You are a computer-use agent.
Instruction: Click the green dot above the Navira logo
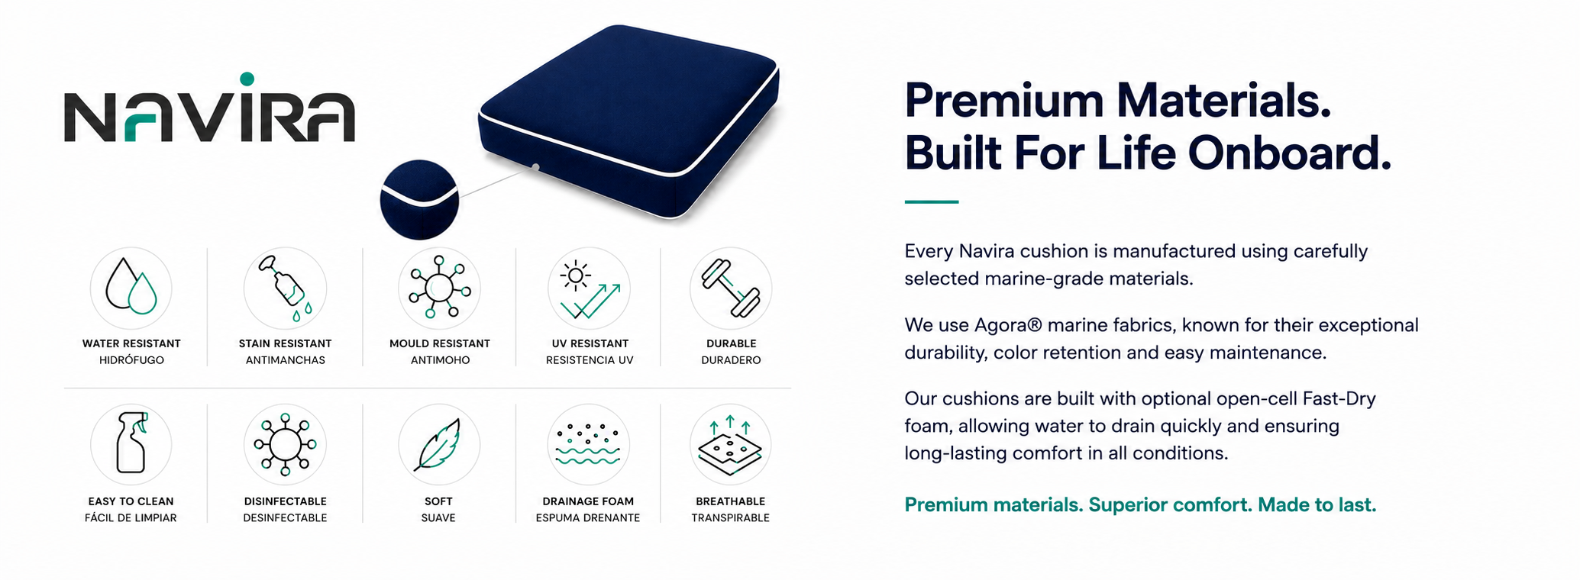(247, 79)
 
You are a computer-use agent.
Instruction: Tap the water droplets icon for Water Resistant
(131, 286)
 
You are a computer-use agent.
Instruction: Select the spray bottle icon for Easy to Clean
(131, 443)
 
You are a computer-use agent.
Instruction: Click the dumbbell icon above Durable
(731, 288)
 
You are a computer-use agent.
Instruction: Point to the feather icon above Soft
(438, 445)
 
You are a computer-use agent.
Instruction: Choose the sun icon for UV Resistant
(575, 275)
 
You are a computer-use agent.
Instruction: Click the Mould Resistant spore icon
(439, 287)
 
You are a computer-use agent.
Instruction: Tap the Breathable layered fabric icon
(730, 446)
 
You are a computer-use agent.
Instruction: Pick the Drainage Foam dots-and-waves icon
(588, 445)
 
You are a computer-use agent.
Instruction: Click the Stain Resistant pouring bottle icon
(285, 288)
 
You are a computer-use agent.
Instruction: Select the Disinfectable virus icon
(285, 444)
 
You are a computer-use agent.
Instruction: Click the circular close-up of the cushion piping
(419, 199)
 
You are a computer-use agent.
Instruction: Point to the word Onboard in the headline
(1289, 153)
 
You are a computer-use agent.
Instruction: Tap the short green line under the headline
(931, 202)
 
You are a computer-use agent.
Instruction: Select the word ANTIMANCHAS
(285, 360)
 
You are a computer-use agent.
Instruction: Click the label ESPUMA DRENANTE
(588, 518)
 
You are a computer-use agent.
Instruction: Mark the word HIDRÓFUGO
(131, 360)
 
